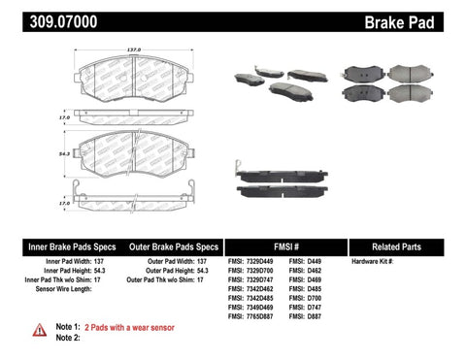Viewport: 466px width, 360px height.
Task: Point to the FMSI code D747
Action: click(312, 307)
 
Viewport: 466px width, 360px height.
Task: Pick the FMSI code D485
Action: click(312, 288)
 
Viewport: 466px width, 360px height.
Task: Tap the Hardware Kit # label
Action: click(374, 260)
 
